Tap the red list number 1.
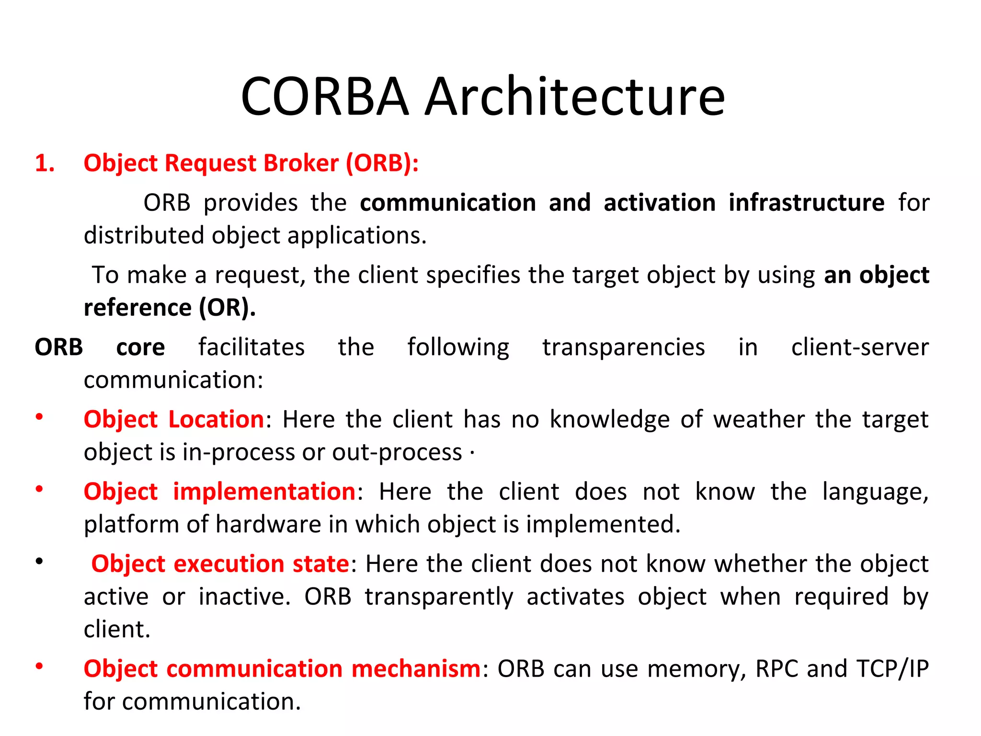pos(44,163)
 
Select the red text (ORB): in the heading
pos(382,163)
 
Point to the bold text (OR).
pos(227,308)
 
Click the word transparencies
pos(623,347)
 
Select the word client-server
pos(859,347)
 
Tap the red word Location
pos(216,420)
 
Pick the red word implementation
pos(264,492)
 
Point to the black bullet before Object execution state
pos(39,561)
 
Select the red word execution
pos(229,564)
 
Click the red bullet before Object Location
pos(39,417)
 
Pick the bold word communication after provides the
pos(447,203)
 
